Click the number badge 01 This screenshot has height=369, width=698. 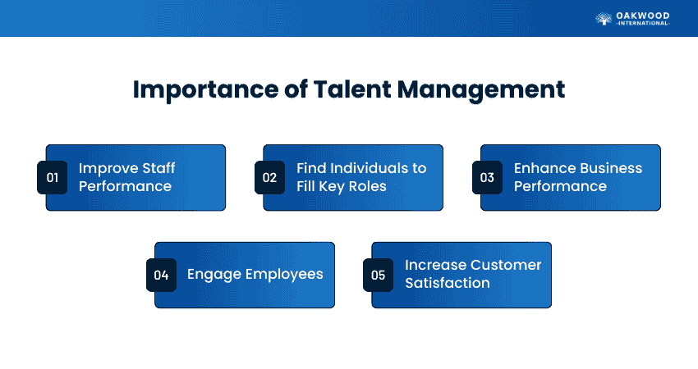tap(52, 177)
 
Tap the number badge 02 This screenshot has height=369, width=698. tap(270, 177)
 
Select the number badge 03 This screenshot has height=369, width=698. tap(487, 177)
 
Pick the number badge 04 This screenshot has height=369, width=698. tap(161, 276)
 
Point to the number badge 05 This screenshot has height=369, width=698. tap(378, 276)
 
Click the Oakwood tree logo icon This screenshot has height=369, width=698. tap(604, 19)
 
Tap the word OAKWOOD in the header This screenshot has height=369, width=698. tap(643, 16)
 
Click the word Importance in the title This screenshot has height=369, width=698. tap(205, 90)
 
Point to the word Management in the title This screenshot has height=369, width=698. tap(480, 90)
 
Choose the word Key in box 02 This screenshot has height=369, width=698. tap(332, 187)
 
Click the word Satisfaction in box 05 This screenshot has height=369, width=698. tap(448, 283)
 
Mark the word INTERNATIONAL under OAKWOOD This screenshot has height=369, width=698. tap(643, 23)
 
